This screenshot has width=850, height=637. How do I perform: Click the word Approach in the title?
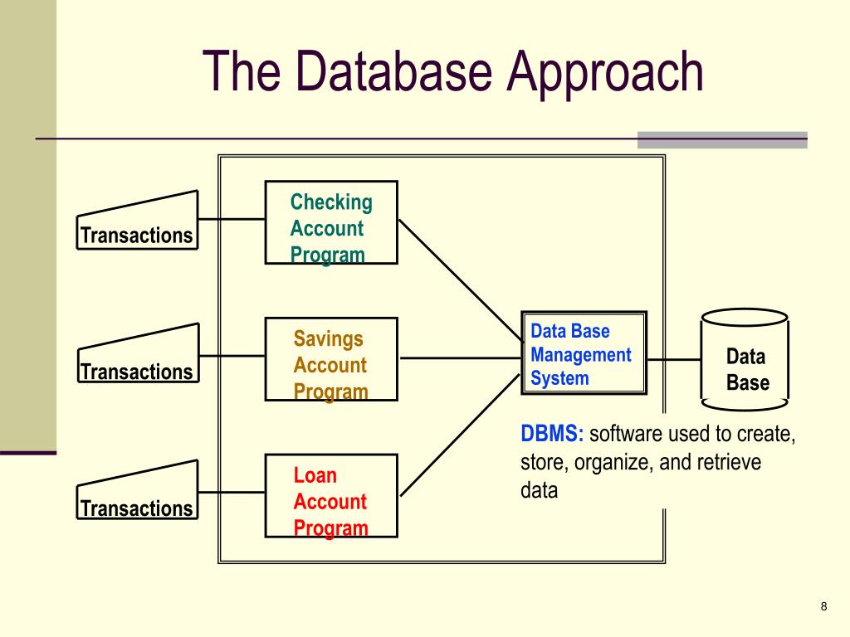click(x=604, y=73)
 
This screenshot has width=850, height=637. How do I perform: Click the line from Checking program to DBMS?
click(x=461, y=280)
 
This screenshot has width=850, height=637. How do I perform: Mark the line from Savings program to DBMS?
click(x=460, y=358)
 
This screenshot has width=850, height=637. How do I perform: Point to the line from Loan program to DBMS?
click(x=460, y=435)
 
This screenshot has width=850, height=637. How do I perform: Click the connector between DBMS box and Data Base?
click(x=674, y=359)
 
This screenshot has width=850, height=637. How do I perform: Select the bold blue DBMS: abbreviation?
click(x=552, y=434)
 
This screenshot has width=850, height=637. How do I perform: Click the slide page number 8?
click(x=824, y=606)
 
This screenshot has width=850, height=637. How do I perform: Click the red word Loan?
click(x=315, y=475)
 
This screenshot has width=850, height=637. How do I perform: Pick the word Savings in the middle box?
click(x=328, y=339)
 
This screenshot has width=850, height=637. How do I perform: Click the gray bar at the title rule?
click(x=722, y=139)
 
